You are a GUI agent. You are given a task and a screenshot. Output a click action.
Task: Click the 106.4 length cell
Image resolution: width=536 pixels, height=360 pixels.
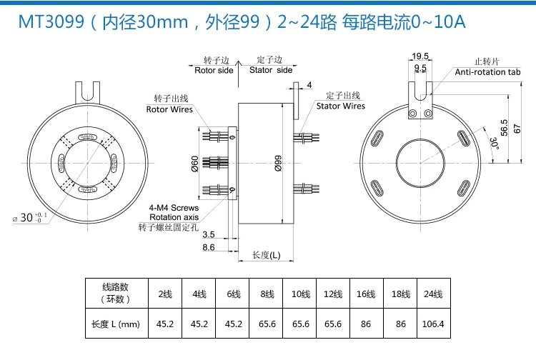pos(433,324)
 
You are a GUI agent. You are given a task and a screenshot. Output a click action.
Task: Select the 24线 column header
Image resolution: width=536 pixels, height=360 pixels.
pos(433,294)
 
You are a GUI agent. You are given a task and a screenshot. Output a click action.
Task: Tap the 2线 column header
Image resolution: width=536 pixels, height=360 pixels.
pos(165,294)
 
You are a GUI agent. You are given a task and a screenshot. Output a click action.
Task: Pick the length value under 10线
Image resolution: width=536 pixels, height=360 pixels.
pos(300,324)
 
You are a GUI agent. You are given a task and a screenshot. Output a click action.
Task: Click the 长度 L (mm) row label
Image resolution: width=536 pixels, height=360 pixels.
pos(116,324)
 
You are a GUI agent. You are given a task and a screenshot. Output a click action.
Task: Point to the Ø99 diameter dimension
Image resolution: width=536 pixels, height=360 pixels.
pos(278,164)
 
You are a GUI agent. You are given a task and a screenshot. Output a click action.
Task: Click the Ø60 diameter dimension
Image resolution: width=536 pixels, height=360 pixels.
pos(194,164)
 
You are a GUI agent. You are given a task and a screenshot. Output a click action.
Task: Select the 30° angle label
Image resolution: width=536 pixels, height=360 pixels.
pos(495,143)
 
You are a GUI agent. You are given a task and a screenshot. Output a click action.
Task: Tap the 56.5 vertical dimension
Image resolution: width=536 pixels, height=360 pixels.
pos(505,128)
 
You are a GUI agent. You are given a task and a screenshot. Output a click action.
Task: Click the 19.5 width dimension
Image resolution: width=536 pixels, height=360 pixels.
pos(420,56)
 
